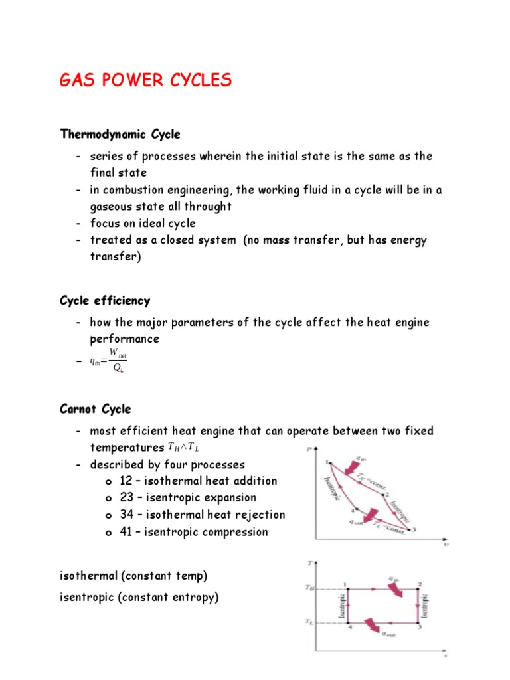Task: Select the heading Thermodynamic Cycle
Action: coord(120,135)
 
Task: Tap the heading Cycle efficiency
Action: coord(105,301)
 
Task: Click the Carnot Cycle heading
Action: coord(95,409)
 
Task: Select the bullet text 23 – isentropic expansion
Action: coord(188,497)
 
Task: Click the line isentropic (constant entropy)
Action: coord(139,598)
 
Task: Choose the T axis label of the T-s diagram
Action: coord(310,564)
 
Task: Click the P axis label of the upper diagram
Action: coord(308,450)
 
